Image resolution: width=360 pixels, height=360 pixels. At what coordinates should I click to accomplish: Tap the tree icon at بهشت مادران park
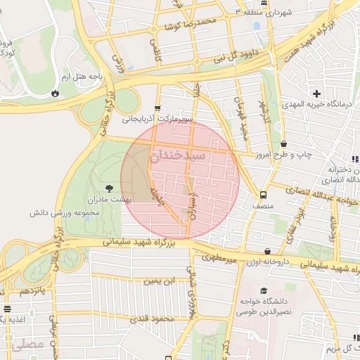109,188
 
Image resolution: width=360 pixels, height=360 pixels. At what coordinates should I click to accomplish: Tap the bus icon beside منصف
263,195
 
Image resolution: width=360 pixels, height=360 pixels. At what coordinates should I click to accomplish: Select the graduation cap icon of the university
264,290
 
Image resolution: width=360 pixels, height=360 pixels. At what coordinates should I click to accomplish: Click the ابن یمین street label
158,281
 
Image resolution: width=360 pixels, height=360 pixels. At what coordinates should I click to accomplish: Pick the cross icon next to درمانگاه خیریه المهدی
316,94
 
